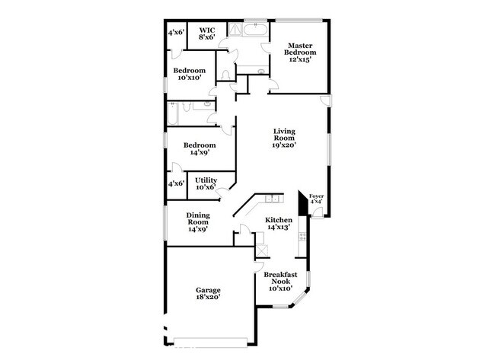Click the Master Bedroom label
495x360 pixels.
click(299, 53)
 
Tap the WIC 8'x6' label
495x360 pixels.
click(207, 32)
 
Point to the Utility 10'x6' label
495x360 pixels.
click(206, 183)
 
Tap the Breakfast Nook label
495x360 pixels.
click(278, 282)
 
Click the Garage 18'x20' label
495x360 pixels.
click(207, 293)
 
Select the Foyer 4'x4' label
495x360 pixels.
click(316, 199)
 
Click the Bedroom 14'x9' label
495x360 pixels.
click(199, 148)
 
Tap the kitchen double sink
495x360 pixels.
click(270, 200)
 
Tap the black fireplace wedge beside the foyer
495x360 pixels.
click(303, 204)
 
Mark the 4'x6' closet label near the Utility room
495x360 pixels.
click(176, 183)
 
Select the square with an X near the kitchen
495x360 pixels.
click(262, 251)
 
